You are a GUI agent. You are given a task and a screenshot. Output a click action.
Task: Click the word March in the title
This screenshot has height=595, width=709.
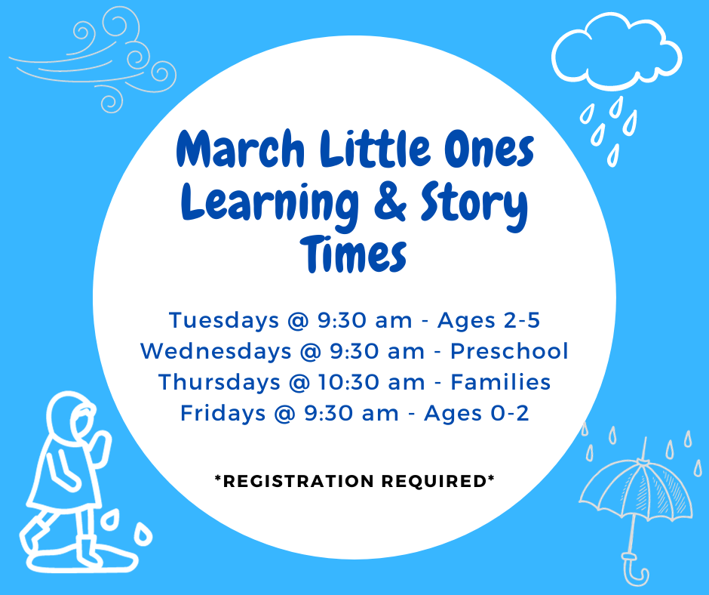point(240,148)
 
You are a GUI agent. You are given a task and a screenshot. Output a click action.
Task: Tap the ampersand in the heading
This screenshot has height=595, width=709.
point(391,202)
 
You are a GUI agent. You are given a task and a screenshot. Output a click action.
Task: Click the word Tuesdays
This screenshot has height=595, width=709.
point(224,321)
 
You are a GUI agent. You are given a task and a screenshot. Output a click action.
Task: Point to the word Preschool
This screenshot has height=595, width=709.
point(509,351)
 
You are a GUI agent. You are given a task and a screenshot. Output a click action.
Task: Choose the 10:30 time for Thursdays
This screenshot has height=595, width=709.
point(348,382)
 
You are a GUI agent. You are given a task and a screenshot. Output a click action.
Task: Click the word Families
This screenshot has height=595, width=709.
point(501,382)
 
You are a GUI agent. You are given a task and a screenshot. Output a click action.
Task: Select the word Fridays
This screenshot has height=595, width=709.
point(223,414)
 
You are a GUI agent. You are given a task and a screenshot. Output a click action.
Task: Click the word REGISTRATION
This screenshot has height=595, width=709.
point(299,481)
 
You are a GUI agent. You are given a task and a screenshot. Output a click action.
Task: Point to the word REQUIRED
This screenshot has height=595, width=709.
point(434,481)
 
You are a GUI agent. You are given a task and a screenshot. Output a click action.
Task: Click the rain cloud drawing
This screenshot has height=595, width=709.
point(616,51)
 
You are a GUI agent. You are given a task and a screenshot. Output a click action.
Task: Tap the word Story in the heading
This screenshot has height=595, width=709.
point(474,205)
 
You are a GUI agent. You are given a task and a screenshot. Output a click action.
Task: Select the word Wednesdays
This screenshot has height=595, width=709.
point(216,351)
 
